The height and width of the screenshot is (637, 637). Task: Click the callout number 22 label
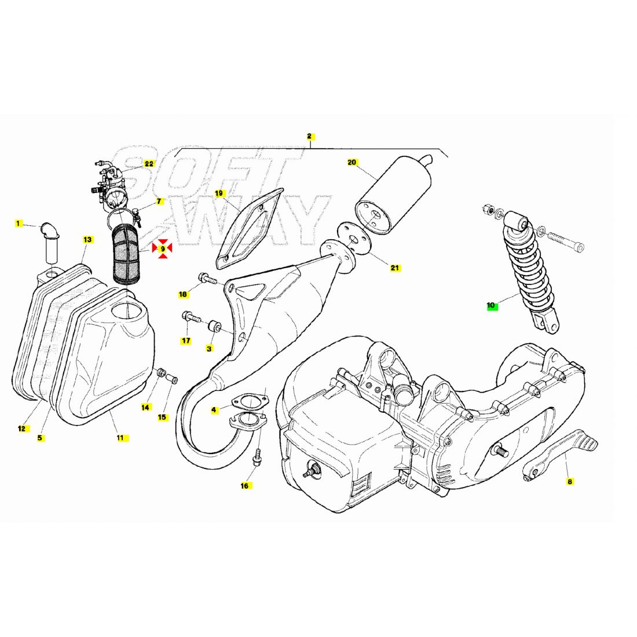149,164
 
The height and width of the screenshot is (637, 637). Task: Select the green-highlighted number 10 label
492,306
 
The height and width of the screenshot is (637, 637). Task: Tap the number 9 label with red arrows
162,248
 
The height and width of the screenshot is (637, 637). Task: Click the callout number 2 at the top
310,137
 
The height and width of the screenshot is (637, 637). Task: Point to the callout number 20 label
352,163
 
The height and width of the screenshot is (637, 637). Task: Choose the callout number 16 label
244,485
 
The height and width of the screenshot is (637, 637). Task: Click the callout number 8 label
570,481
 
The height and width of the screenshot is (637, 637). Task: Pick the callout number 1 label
17,224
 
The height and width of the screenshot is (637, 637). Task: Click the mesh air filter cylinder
125,254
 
